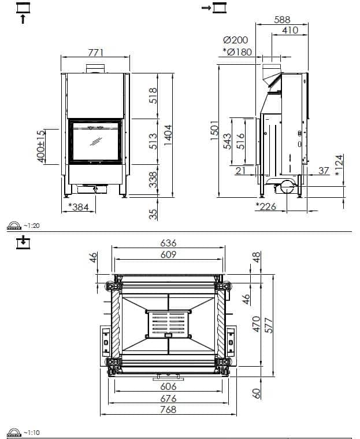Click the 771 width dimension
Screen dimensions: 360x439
tap(96, 53)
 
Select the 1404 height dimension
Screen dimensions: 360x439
tap(168, 135)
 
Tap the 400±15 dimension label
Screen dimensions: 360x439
tap(41, 146)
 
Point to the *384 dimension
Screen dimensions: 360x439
tap(79, 207)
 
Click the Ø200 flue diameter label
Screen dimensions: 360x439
tap(236, 40)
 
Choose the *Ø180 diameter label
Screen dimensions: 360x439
tap(237, 52)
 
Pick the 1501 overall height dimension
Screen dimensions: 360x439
tap(214, 131)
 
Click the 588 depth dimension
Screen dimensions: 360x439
tap(282, 20)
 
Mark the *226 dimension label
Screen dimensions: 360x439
tap(266, 206)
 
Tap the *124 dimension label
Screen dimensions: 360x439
tap(339, 165)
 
